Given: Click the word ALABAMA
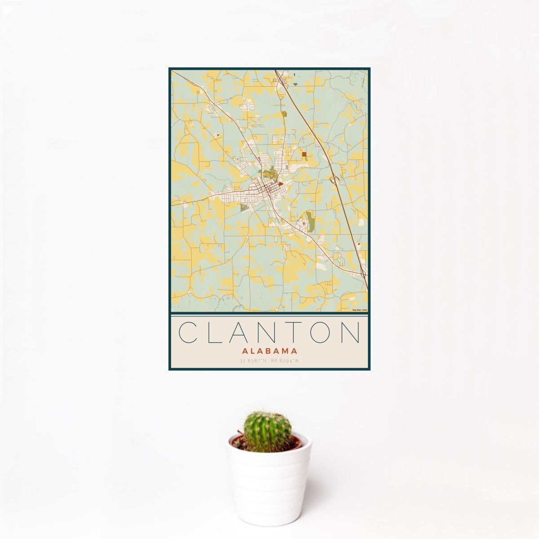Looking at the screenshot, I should [269, 351].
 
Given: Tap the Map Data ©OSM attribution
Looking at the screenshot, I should [360, 310].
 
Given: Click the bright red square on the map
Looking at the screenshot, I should [304, 155].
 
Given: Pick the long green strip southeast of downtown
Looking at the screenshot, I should [310, 221].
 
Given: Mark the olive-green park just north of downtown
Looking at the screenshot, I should [269, 172].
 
